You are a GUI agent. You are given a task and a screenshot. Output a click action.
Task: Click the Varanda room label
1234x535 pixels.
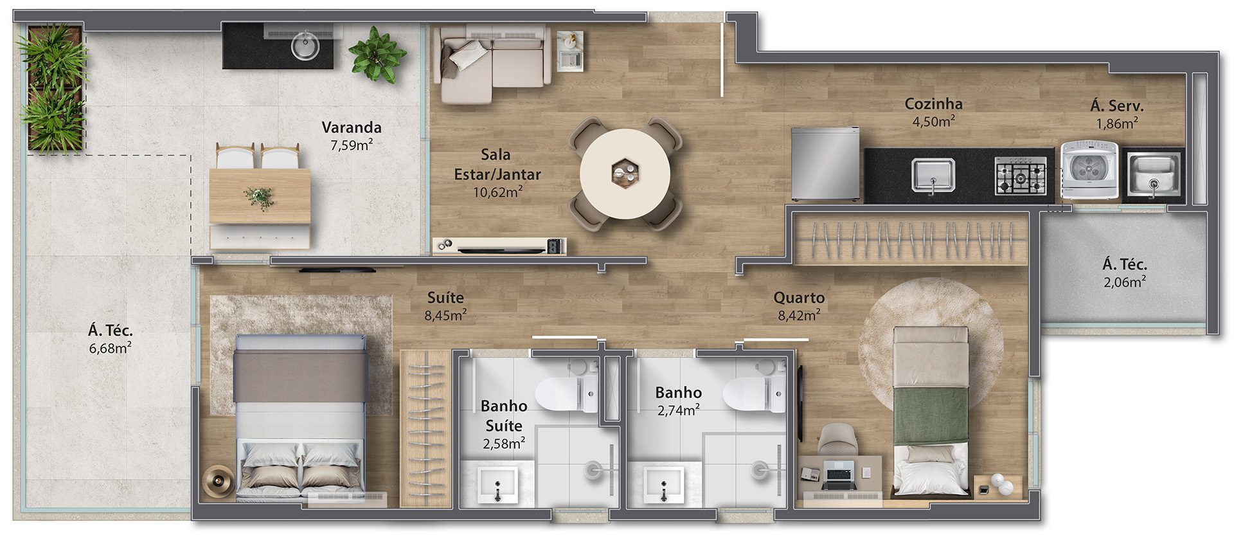tap(352, 127)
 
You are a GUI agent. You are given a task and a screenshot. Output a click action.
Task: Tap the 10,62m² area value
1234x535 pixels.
tap(497, 192)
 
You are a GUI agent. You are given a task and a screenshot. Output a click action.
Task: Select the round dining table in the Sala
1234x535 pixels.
tap(625, 174)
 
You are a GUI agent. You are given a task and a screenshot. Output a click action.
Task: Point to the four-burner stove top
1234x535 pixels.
tap(1020, 176)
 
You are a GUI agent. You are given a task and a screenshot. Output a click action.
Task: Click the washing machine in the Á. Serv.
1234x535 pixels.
tap(1089, 170)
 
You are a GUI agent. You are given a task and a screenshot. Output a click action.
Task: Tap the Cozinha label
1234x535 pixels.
tap(933, 104)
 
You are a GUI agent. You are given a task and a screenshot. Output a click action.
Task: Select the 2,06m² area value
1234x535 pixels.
tap(1125, 282)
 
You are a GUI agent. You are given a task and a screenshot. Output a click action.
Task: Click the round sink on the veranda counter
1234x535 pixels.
tap(305, 46)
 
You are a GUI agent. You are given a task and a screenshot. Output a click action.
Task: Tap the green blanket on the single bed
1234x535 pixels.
tap(931, 415)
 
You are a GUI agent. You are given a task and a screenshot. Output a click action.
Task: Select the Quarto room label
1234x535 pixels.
tap(799, 298)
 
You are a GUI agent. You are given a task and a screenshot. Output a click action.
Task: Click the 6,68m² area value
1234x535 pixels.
tap(111, 348)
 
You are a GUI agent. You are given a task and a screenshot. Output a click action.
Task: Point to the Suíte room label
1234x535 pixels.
tap(445, 297)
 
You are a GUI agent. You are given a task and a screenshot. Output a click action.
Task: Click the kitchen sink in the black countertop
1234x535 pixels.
tap(933, 176)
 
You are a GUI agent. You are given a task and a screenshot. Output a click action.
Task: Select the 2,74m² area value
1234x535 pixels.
tap(679, 410)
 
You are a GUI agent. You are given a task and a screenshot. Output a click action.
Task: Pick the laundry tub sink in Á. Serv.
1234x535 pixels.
tap(1154, 174)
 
